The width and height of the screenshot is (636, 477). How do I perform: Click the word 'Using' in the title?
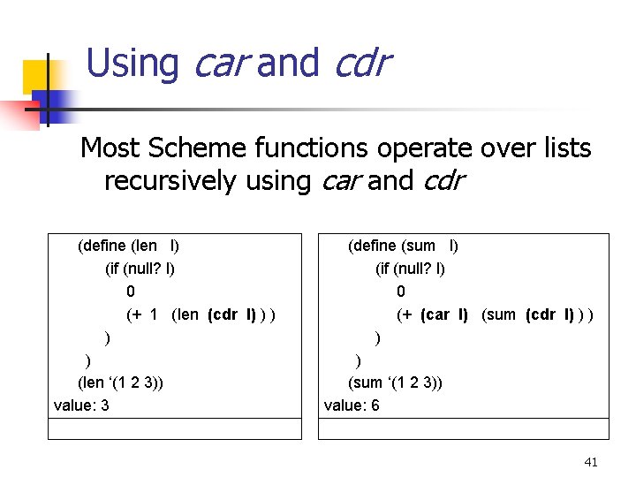[x=132, y=64]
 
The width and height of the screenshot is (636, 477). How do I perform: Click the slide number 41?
[x=591, y=462]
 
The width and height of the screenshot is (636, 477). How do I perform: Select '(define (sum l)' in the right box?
[x=403, y=246]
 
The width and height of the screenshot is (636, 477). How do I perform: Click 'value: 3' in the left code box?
[x=81, y=405]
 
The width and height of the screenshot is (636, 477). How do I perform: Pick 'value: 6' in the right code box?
[x=352, y=405]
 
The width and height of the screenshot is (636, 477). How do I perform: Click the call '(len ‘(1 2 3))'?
[x=120, y=382]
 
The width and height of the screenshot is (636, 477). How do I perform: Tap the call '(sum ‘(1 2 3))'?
[x=396, y=382]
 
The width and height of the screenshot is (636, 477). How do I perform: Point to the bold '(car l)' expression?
[x=443, y=314]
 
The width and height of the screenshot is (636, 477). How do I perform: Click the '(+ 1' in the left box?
[x=142, y=314]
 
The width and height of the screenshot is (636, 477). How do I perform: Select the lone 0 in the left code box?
[x=131, y=291]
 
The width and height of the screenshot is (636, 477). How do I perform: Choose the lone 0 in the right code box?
[x=401, y=291]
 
